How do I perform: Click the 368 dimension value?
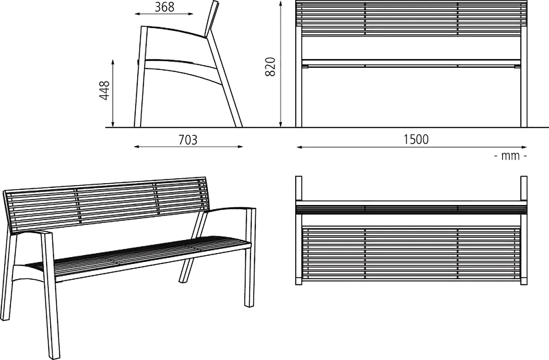pos(164,7)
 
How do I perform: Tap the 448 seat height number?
pos(105,91)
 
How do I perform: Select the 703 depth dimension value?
pos(188,140)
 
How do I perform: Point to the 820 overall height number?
pos(270,67)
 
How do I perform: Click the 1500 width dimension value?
pos(416,139)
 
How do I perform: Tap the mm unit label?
pos(511,156)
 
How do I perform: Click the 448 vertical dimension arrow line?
pos(113,93)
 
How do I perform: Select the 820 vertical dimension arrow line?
pos(281,64)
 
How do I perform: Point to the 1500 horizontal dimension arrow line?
pos(411,147)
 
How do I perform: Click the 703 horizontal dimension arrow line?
pos(188,147)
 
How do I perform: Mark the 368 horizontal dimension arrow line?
pos(164,14)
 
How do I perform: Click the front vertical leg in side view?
pos(141,77)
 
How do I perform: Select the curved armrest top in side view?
pos(174,31)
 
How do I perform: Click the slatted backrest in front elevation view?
pos(411,19)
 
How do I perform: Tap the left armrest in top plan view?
pos(299,230)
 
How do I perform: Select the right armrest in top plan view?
pos(524,230)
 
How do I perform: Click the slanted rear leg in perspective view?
pos(192,247)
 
